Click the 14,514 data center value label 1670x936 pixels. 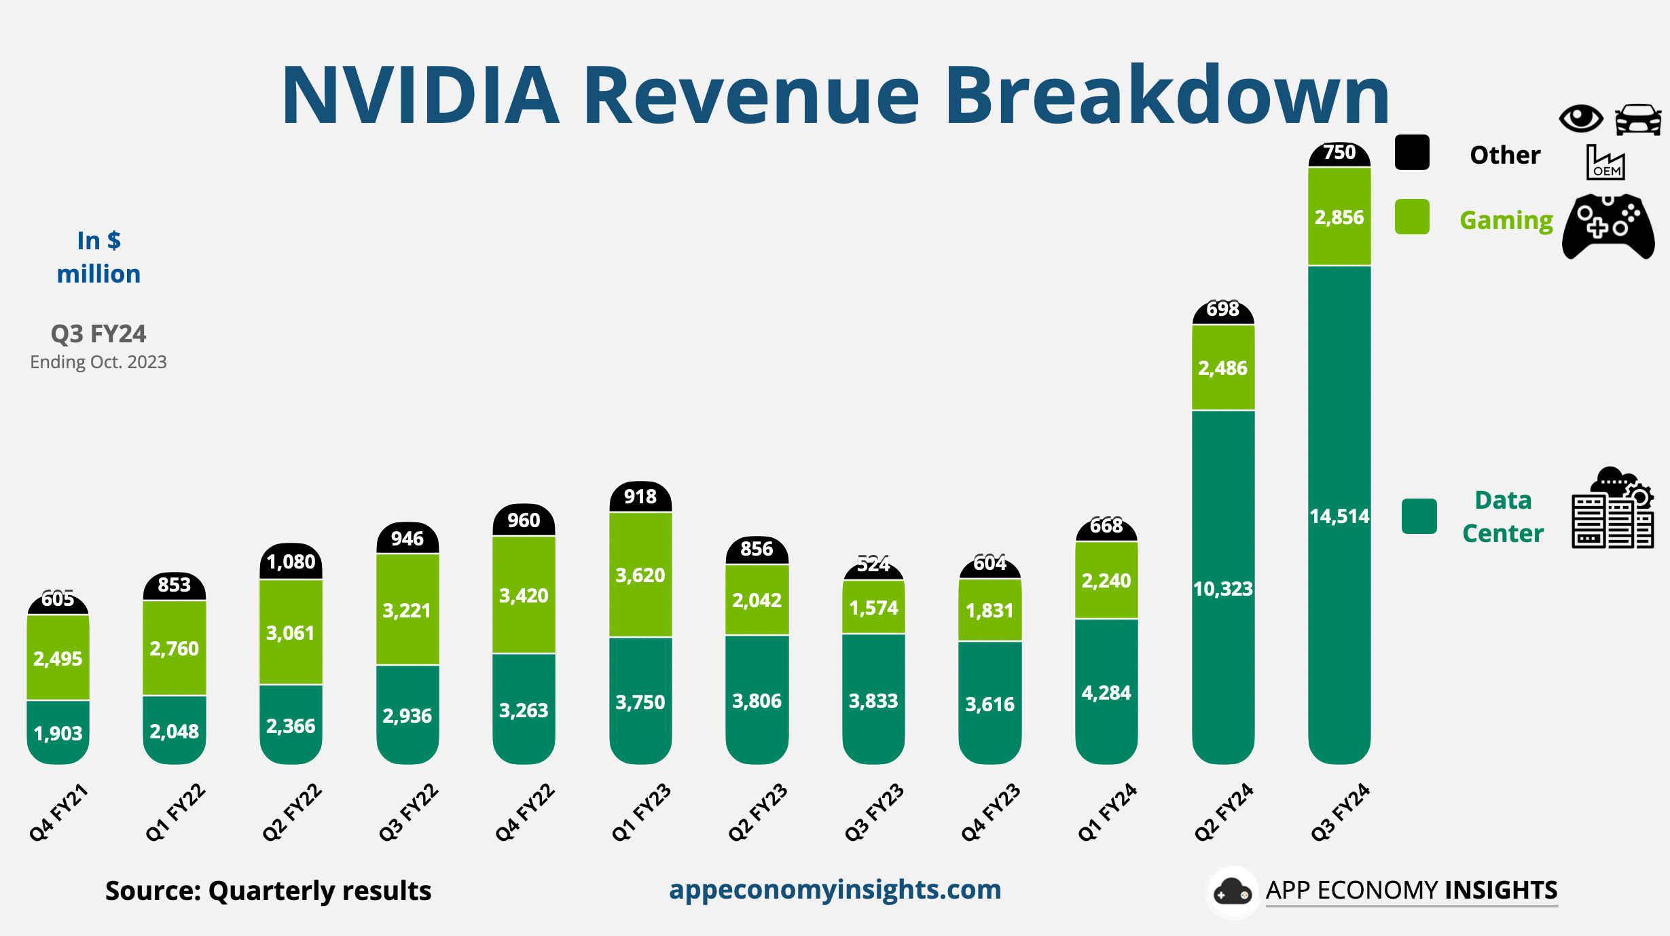1339,516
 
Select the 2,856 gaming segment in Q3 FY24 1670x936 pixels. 1339,217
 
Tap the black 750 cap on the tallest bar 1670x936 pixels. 1339,153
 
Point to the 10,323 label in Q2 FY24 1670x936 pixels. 1223,588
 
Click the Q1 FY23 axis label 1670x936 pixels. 641,812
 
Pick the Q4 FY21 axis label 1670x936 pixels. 58,812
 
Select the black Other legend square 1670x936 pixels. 1412,152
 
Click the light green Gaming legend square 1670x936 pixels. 1412,217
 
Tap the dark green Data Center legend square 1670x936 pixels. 1419,516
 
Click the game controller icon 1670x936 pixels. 1608,227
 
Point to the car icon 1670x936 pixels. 1638,120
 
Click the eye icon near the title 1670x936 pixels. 1581,119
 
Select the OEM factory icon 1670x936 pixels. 1605,162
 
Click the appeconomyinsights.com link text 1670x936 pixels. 835,889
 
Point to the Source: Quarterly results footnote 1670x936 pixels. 268,890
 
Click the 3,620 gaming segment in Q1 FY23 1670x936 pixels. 640,575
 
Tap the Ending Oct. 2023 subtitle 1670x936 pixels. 98,362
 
